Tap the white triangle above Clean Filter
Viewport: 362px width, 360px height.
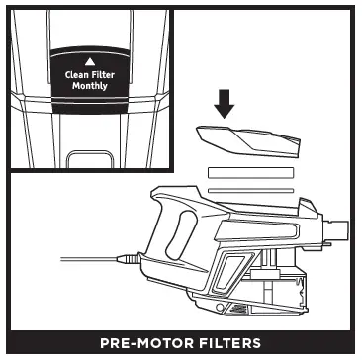tap(89, 61)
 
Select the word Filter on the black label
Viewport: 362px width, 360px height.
tap(103, 74)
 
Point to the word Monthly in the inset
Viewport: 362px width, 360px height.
tap(89, 86)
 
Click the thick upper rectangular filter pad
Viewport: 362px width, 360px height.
tap(251, 171)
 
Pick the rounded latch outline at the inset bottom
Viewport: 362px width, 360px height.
tap(89, 159)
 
